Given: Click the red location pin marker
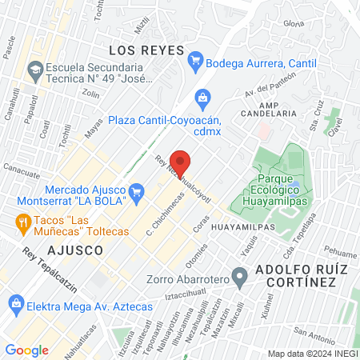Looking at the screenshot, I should pos(181,162).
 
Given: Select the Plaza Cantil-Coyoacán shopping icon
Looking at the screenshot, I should pos(202,99).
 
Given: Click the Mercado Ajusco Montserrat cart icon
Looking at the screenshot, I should pos(135,190).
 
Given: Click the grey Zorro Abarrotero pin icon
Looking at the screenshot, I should pos(238,279).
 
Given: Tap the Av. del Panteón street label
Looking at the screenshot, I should pos(266,82).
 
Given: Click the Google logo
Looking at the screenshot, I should pos(26,350).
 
